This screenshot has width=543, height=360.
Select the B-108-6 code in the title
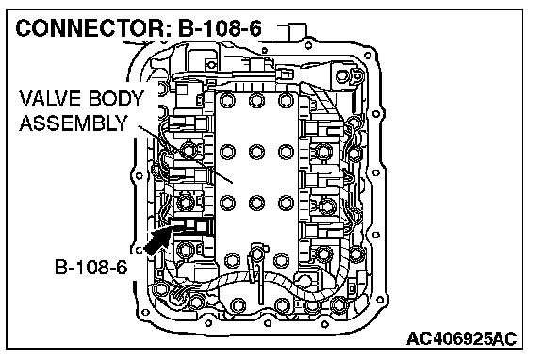[x=220, y=28]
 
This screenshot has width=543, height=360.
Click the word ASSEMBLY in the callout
[x=74, y=123]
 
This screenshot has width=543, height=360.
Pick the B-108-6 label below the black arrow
[x=91, y=268]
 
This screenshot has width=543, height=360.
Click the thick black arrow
[x=157, y=240]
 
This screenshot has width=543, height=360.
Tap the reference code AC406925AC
[x=461, y=338]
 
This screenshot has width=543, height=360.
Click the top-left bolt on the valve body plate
[x=227, y=101]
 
